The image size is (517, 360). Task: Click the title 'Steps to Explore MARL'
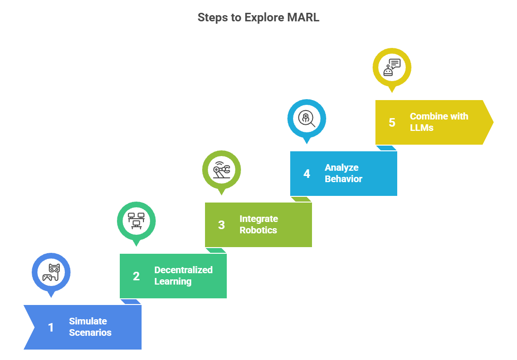coord(258,18)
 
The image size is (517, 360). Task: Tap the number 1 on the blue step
coord(51,327)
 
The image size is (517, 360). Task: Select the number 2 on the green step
coord(136,276)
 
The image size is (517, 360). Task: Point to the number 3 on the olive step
coord(221,225)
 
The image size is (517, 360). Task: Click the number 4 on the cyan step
coord(306,174)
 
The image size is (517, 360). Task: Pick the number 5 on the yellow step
coord(392,122)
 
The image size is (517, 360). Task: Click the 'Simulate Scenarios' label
coord(90,327)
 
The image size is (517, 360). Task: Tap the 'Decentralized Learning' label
coord(183,276)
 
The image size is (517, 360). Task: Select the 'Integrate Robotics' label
coord(258,224)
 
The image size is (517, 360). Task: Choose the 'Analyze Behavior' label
coord(343,173)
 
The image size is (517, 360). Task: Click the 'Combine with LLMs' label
coord(438,122)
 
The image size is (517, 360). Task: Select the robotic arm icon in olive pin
coord(222,170)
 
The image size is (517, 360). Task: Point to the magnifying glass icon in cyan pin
coord(307,118)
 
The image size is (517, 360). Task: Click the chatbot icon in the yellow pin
coord(392,67)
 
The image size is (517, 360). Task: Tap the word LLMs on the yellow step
coord(421,128)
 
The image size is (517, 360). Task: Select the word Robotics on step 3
coord(258,230)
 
